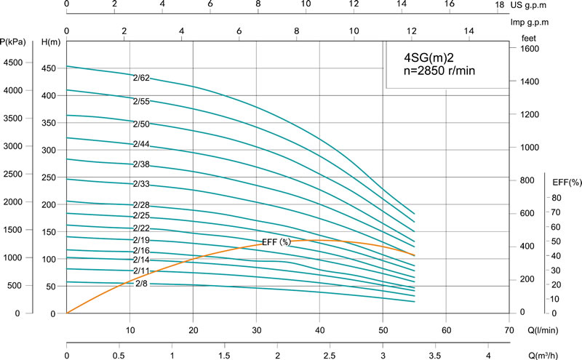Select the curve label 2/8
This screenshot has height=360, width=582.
pyautogui.click(x=142, y=283)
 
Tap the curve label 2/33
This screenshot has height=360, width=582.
pyautogui.click(x=141, y=184)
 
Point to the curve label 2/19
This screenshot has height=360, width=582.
pyautogui.click(x=141, y=240)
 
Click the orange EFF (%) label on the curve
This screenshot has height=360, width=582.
pyautogui.click(x=276, y=241)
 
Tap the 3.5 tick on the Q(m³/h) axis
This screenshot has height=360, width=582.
pyautogui.click(x=436, y=356)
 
